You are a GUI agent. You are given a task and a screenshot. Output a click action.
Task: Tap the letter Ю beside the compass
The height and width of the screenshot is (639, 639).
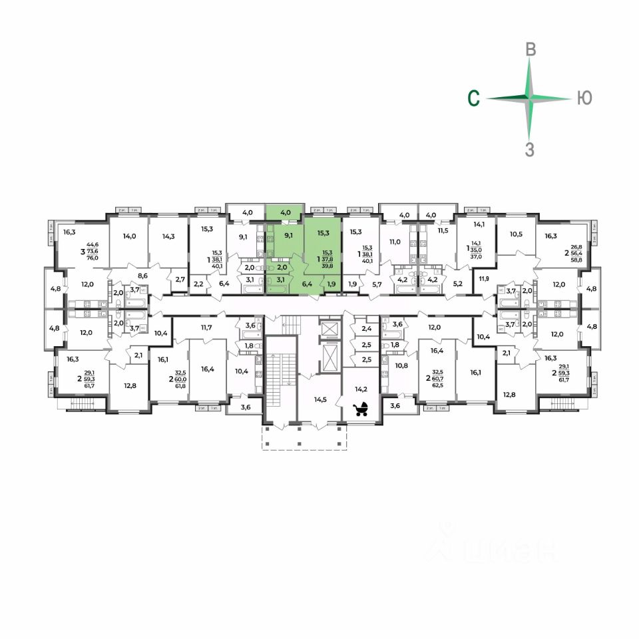coord(583,99)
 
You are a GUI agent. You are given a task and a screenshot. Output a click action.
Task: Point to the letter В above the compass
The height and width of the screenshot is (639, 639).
coord(531,49)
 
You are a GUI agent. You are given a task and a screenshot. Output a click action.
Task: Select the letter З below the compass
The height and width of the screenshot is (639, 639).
coord(530,150)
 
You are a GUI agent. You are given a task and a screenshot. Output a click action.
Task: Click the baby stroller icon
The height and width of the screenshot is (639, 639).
coord(361,408)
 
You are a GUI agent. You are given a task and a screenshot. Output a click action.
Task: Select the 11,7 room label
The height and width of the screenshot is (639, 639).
coord(204,327)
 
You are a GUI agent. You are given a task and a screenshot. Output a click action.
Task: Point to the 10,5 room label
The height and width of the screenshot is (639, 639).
coord(517,234)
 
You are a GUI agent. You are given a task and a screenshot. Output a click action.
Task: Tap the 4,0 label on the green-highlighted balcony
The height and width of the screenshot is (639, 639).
coord(286,213)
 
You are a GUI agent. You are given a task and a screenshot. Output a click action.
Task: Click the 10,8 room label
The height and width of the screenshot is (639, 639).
coord(401,365)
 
